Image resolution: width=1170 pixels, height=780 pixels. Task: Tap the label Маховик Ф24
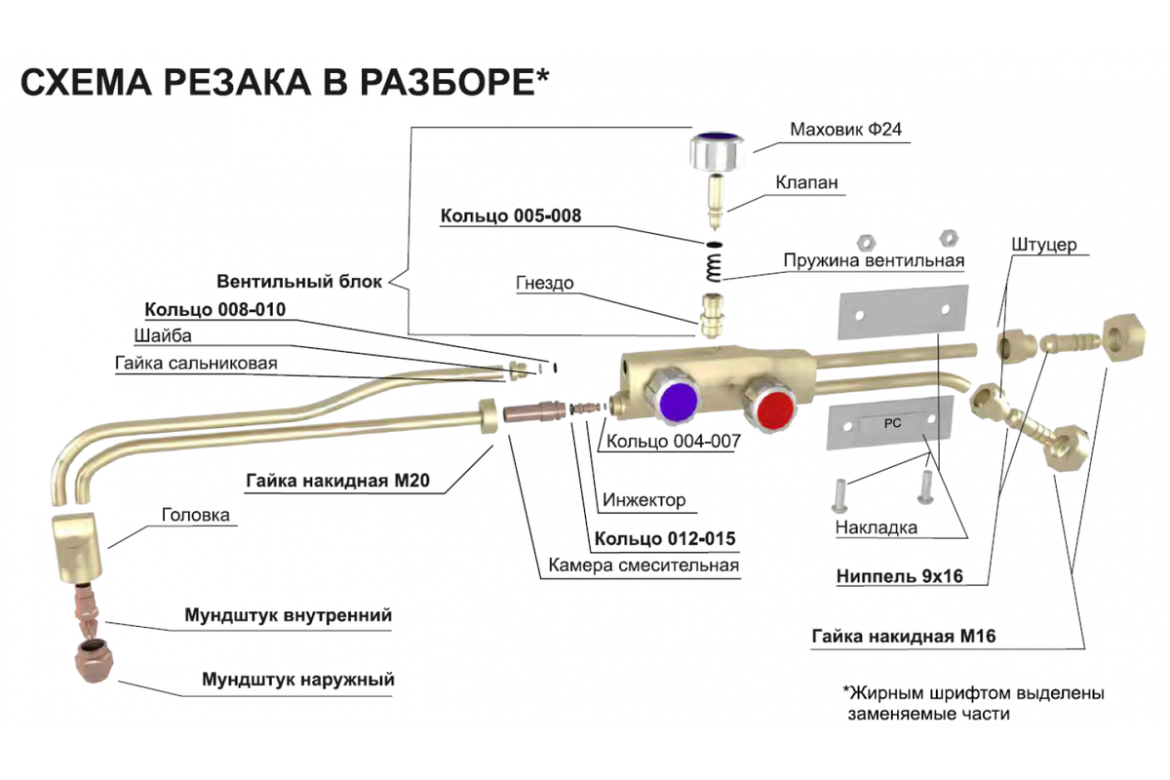[849, 130]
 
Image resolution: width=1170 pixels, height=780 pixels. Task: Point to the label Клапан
[806, 182]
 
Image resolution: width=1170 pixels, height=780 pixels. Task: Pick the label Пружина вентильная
[874, 261]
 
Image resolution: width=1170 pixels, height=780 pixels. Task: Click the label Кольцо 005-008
[510, 215]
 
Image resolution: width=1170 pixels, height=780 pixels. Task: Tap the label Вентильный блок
[299, 282]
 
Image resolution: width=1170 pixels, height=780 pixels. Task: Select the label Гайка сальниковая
[196, 364]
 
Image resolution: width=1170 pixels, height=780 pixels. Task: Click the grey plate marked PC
[888, 427]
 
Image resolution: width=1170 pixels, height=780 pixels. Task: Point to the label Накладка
[876, 527]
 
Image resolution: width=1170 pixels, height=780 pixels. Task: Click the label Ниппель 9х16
[899, 576]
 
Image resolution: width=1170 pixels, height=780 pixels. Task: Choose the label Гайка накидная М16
[903, 638]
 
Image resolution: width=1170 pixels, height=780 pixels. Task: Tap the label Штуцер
[1044, 245]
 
